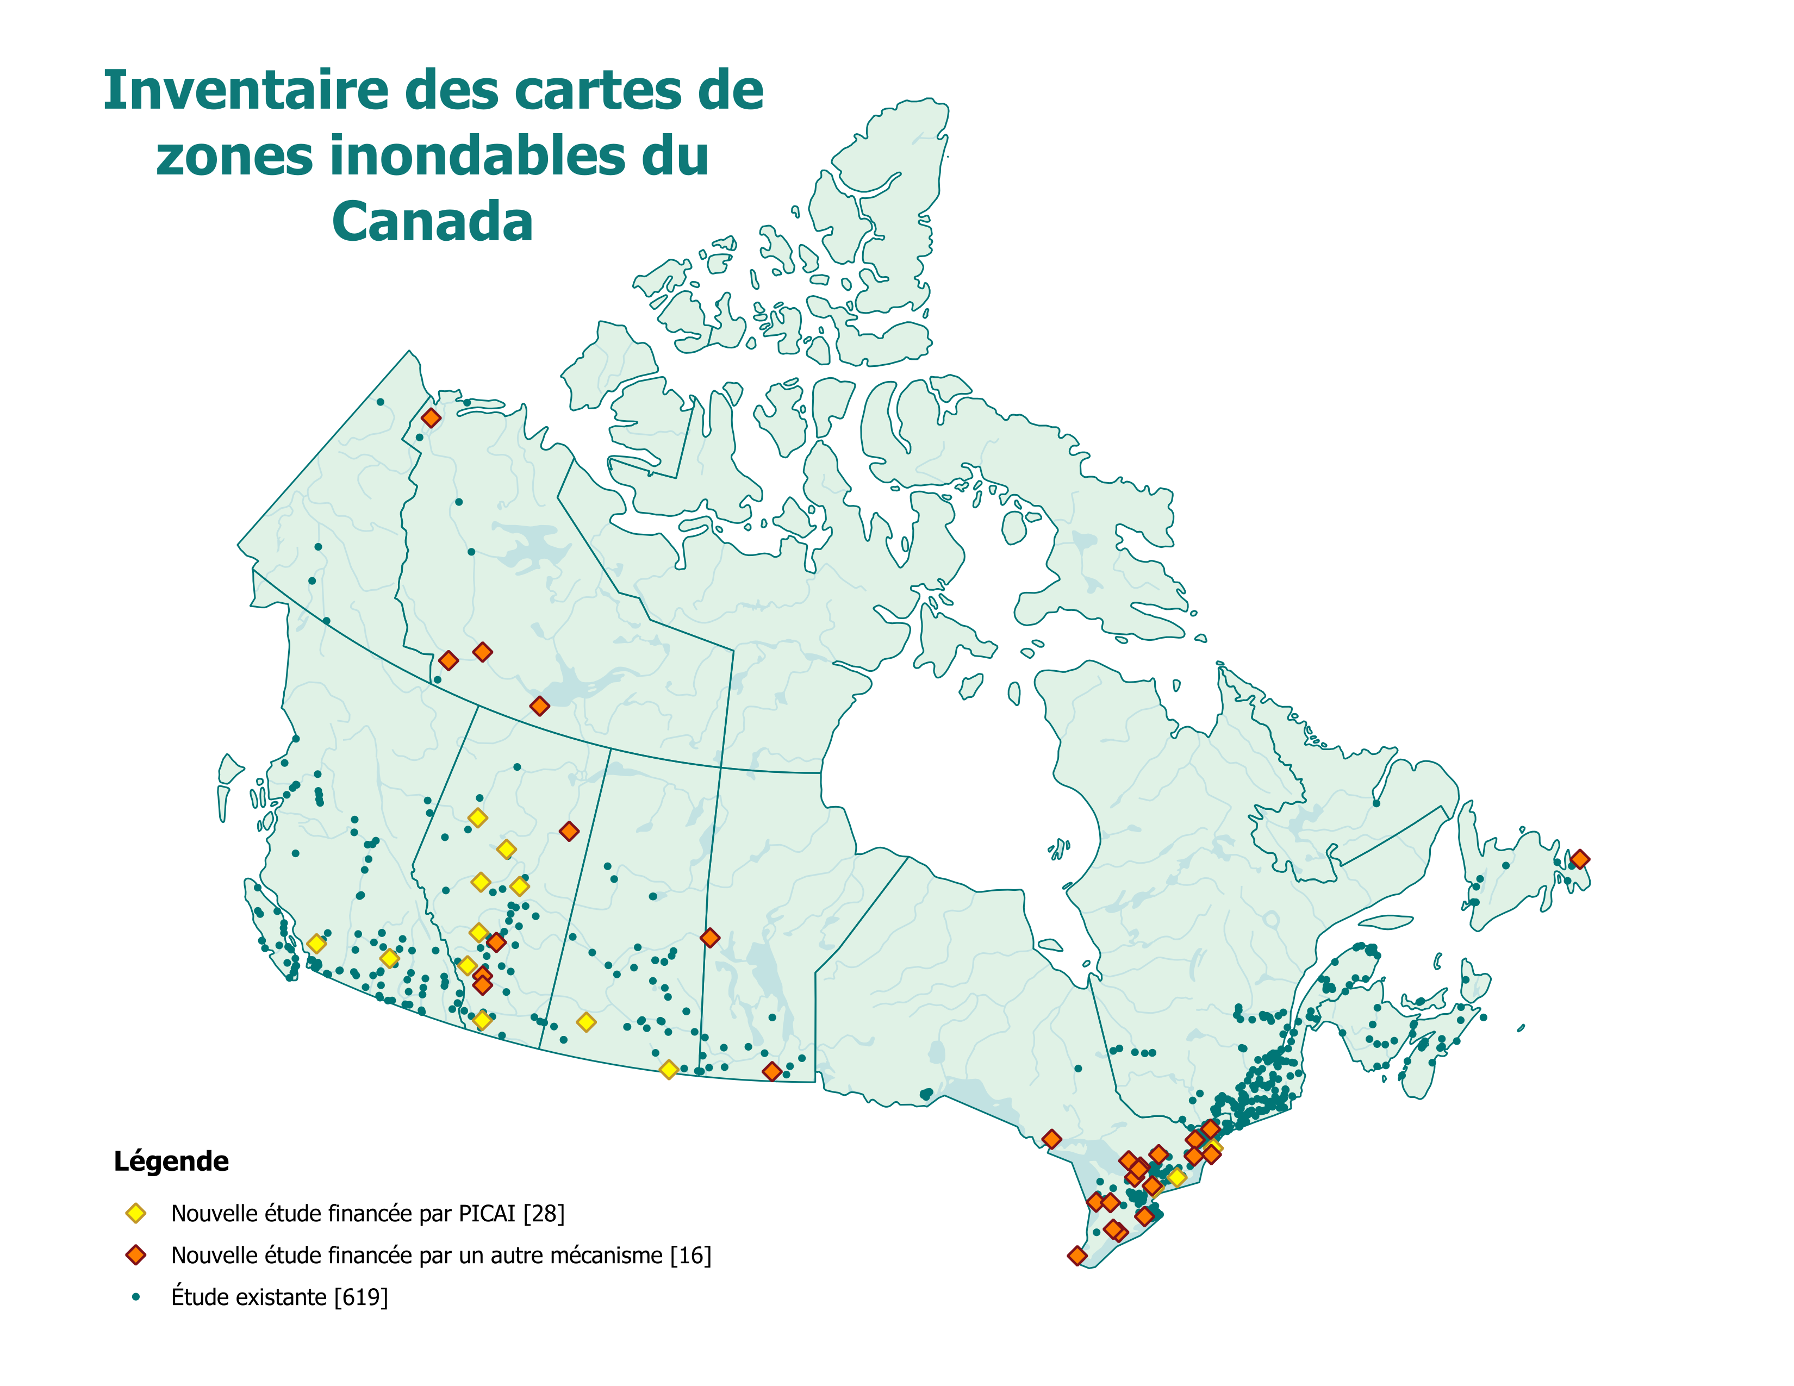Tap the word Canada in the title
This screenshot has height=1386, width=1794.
[433, 222]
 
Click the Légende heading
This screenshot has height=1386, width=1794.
[171, 1161]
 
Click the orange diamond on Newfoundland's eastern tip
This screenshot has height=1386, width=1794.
[1579, 859]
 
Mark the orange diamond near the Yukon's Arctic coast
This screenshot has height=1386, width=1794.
[431, 418]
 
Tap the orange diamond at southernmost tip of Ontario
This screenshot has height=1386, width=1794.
[1077, 1256]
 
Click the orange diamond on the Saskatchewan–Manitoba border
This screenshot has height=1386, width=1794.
[709, 938]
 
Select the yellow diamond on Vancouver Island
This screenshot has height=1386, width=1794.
[316, 944]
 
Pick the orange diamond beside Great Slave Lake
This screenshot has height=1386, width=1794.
[539, 706]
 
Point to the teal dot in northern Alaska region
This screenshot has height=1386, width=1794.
[379, 402]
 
